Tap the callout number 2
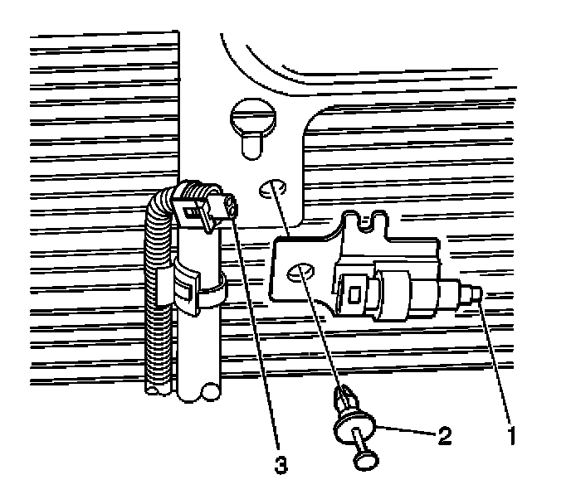445,434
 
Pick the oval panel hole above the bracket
271,190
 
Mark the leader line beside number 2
407,430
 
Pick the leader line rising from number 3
257,332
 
